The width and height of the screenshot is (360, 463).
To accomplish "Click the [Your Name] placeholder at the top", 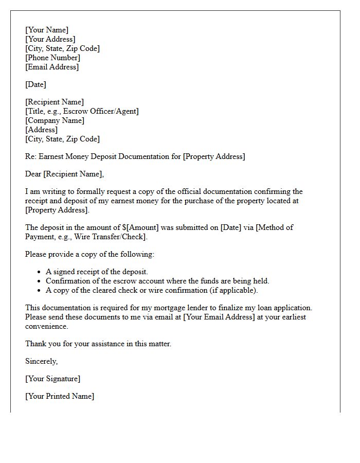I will pos(47,30).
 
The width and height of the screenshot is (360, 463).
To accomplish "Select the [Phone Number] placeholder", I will pos(52,58).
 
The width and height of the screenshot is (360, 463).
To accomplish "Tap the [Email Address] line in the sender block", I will pos(52,67).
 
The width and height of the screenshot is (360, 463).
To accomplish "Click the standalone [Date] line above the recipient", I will pos(35,84).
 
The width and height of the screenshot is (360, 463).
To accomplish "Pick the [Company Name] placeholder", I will pos(55,120).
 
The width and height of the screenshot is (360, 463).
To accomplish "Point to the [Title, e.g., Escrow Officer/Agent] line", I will pos(82,111).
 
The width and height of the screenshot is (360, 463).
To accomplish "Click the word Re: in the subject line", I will pos(31,156).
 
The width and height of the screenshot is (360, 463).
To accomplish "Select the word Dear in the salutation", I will pos(34,174).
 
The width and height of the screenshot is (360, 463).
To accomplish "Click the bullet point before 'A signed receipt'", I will pos(40,272).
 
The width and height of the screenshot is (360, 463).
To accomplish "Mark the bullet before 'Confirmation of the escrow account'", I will pos(40,281).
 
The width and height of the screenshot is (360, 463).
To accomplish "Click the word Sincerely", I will pos(41,361).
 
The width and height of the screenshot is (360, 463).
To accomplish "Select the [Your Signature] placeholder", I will pos(52,379).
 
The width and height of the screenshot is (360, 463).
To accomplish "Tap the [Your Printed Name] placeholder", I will pos(60,396).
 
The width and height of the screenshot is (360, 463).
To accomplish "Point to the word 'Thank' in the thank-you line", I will pos(35,344).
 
